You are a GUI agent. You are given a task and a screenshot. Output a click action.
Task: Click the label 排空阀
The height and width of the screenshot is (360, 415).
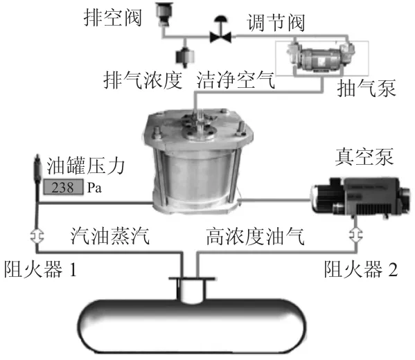[113, 18]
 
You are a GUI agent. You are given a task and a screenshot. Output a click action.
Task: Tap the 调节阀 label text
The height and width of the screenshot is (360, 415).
[276, 23]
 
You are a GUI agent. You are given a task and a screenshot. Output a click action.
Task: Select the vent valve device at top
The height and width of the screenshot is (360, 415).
[164, 14]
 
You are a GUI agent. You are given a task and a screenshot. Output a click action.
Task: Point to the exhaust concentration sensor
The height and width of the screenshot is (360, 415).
[185, 56]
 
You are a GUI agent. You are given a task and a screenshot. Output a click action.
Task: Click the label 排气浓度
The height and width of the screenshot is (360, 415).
[143, 80]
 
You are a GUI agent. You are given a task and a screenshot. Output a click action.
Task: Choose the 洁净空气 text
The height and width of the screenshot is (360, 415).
[236, 80]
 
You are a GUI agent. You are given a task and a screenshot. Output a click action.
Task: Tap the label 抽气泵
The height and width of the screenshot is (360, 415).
[367, 89]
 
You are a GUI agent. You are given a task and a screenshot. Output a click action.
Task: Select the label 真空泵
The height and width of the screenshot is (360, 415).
[364, 157]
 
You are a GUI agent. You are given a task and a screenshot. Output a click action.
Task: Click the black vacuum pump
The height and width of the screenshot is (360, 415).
[360, 197]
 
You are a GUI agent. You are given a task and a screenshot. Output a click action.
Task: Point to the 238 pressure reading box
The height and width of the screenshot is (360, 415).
[63, 187]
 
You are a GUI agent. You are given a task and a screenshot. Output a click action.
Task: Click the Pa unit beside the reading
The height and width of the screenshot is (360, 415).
[94, 188]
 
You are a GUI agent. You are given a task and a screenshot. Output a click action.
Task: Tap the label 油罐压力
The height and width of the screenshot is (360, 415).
[85, 166]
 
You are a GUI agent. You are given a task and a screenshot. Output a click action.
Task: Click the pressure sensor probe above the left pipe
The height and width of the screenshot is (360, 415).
[37, 170]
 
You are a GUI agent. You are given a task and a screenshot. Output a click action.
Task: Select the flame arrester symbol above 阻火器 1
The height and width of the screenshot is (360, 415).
[37, 235]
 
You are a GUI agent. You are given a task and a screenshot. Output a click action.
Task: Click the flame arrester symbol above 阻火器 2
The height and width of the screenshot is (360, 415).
[356, 235]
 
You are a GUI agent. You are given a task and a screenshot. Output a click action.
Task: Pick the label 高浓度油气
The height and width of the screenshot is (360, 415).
[255, 236]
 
